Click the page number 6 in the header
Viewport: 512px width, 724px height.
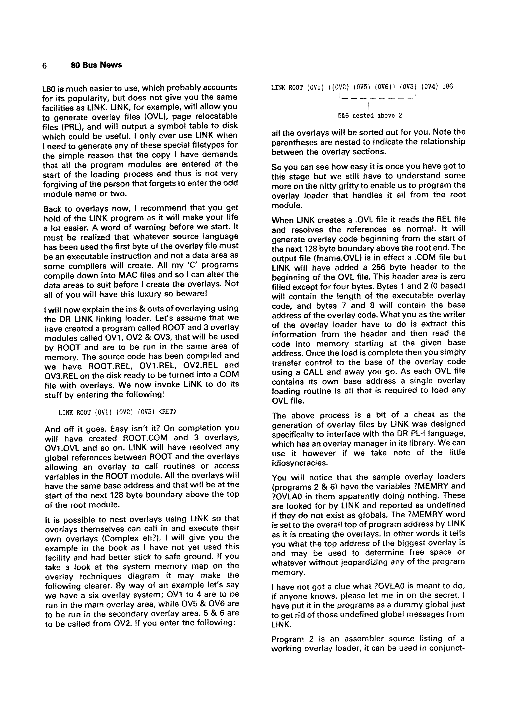tap(44, 66)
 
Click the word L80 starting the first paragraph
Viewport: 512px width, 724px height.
tap(49, 88)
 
